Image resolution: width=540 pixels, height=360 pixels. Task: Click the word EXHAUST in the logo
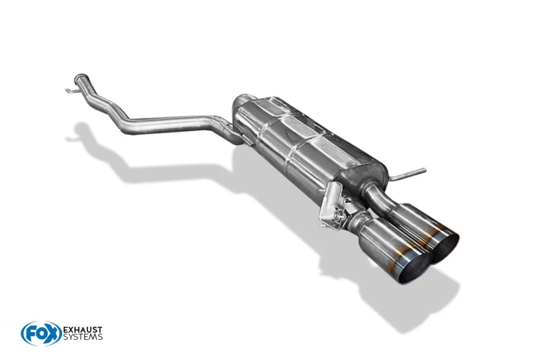pos(83,330)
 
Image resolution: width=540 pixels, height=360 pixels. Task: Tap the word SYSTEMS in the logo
pos(83,337)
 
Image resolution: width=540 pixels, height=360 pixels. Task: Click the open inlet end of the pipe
pos(81,76)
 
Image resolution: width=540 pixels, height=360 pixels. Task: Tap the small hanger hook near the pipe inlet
pos(71,91)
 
